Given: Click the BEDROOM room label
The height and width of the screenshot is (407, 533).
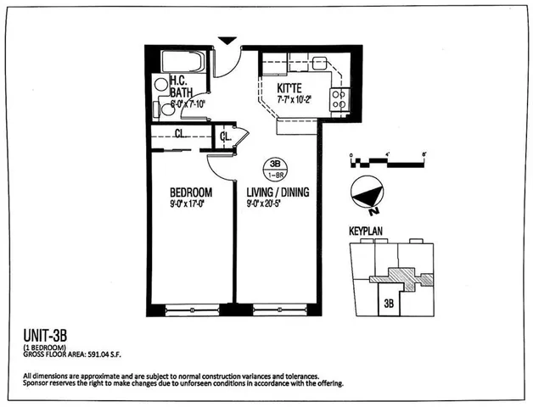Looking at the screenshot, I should pos(192,192).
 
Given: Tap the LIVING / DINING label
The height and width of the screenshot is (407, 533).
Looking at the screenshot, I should pos(277,192).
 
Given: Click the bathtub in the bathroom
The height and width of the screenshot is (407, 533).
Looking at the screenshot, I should pos(180,63).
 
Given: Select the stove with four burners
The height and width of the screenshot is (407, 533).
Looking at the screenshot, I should pos(339,99).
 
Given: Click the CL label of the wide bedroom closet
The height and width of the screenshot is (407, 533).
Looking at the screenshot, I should pos(181,133).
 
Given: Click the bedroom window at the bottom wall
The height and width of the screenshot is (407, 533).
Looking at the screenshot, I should pos(192,309).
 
